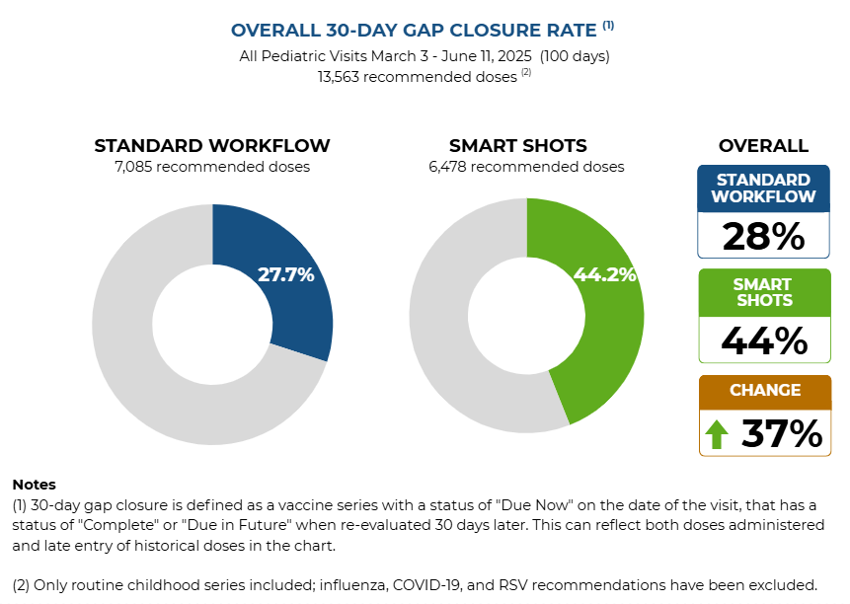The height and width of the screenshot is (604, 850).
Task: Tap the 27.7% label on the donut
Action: coord(285,275)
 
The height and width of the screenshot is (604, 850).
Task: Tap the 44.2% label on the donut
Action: coord(604,275)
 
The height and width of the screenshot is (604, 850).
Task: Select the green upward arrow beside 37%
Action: coord(718,434)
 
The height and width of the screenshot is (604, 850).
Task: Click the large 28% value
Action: coord(763,237)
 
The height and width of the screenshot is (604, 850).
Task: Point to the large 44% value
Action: coord(763,340)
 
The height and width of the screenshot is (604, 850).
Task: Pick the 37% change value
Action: coord(781,434)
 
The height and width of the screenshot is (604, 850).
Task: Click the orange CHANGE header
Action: coord(764,390)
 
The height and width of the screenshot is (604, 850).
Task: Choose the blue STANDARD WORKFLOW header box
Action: coord(763,189)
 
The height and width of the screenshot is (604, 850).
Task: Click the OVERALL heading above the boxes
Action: coord(763,146)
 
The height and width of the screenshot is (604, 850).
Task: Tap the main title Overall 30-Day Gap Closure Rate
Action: coord(415,31)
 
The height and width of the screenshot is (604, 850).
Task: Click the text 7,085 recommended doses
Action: coord(212,167)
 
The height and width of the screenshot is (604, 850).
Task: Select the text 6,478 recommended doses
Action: coord(526,167)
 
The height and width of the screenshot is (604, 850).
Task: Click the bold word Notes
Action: coord(35,485)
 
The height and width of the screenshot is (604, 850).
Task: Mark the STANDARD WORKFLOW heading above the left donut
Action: coord(212,146)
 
